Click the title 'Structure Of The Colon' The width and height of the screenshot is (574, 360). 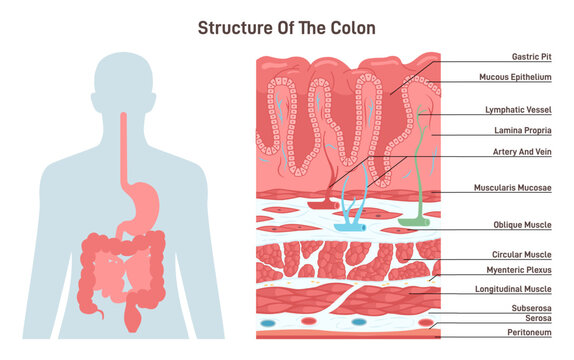click(x=286, y=27)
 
